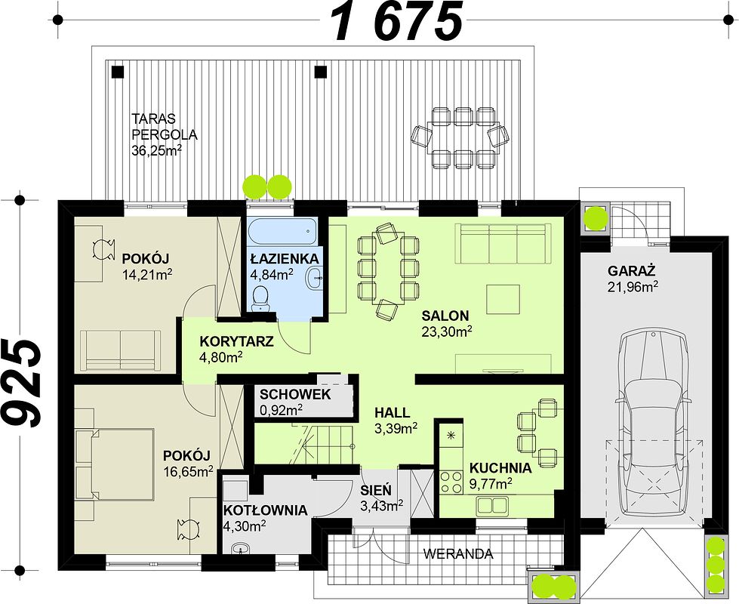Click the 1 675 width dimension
coord(397,21)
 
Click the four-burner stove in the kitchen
coord(451,482)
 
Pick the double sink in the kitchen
coord(492,505)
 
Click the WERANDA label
coord(457,554)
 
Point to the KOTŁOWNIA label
coord(266,510)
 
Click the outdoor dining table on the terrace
coord(460,137)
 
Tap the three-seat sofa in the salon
coord(503,243)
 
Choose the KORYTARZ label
coord(236,341)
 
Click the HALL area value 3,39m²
coord(396,428)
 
